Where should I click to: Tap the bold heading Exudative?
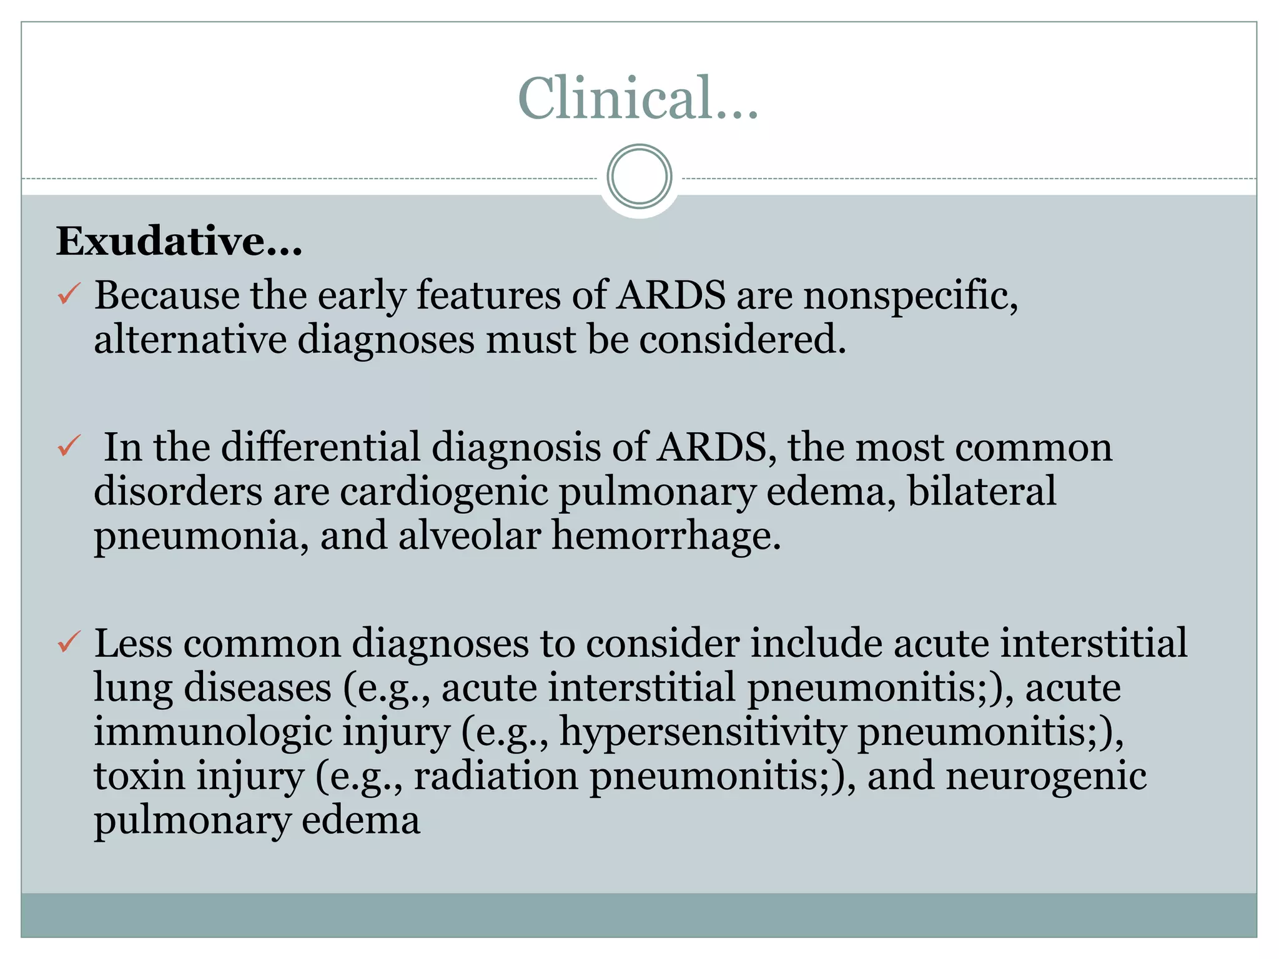click(179, 241)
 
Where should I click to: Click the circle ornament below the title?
click(639, 177)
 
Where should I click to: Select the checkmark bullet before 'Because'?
click(69, 293)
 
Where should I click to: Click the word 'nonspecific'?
click(909, 295)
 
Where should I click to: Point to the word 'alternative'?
click(190, 340)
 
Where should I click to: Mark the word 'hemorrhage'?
click(666, 536)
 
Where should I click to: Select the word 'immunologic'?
click(212, 732)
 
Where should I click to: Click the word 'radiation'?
click(496, 776)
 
